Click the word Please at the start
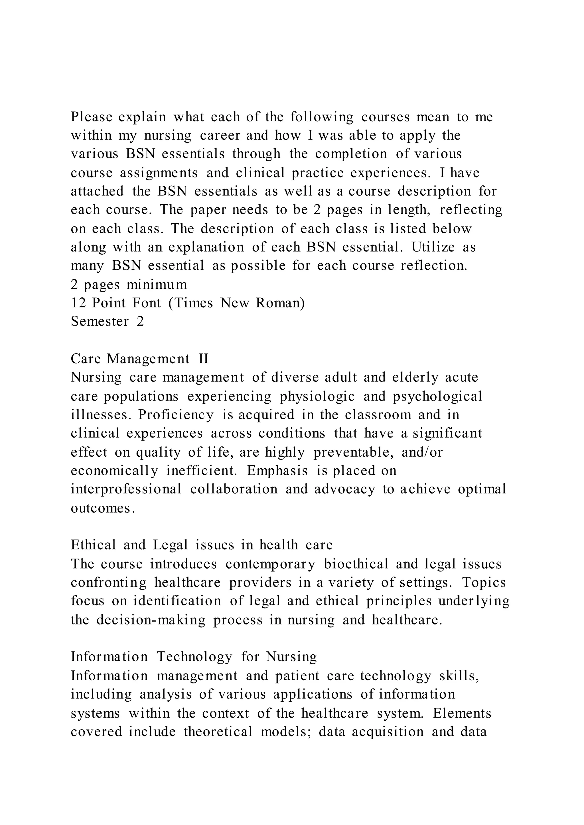(x=92, y=117)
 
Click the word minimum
(x=157, y=285)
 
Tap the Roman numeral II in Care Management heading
(x=204, y=359)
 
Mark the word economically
(x=114, y=470)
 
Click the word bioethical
(x=356, y=564)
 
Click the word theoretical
(x=218, y=732)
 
